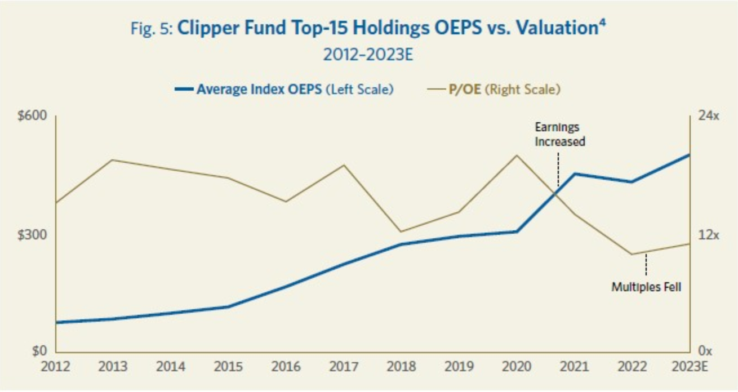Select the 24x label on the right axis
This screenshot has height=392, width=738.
pyautogui.click(x=708, y=116)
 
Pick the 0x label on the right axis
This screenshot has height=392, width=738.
pyautogui.click(x=705, y=351)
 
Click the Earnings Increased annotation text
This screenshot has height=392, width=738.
pyautogui.click(x=559, y=135)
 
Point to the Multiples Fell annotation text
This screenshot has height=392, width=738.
pyautogui.click(x=646, y=287)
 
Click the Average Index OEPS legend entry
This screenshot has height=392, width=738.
pyautogui.click(x=284, y=89)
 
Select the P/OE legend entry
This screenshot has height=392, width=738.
pyautogui.click(x=496, y=89)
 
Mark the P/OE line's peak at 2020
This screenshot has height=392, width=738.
pyautogui.click(x=517, y=155)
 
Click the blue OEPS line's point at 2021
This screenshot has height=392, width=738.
pyautogui.click(x=574, y=174)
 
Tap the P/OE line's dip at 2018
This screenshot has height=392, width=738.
pyautogui.click(x=401, y=231)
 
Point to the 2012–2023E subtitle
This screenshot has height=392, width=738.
pyautogui.click(x=369, y=55)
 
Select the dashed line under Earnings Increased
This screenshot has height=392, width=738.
pyautogui.click(x=558, y=169)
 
